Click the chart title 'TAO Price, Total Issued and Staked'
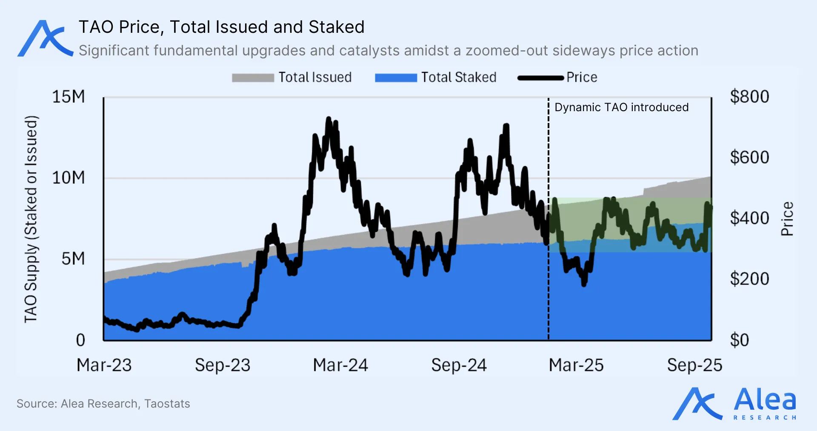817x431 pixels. pos(221,27)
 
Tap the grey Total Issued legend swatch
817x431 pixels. pos(253,78)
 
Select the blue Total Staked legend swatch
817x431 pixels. pos(396,78)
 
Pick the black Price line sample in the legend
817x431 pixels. pos(540,78)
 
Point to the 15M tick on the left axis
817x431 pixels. pos(69,97)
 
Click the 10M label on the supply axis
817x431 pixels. pos(69,178)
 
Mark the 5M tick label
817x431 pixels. pos(73,259)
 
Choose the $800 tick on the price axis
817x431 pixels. pos(749,97)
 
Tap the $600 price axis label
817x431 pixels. pos(749,158)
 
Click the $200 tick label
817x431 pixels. pos(749,279)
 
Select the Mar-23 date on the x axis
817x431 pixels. pos(104,365)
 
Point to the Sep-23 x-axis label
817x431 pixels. pos(223,365)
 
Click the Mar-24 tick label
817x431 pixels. pos(340,365)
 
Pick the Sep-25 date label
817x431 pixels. pos(694,365)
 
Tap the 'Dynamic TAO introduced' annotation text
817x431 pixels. pos(621,107)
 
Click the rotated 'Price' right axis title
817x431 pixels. pos(787,218)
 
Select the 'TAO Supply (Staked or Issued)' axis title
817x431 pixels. pos(31,219)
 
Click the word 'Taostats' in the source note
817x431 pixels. pos(167,403)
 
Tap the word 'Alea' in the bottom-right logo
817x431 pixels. pos(765,400)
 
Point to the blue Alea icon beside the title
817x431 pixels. pos(45,38)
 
